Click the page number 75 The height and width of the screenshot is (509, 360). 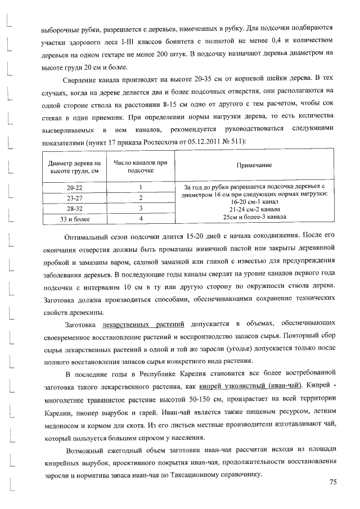pos(332,483)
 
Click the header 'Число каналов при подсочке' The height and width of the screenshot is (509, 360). pos(141,166)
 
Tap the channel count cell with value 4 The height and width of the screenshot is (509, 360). pos(141,219)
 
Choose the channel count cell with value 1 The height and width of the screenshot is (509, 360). pos(141,187)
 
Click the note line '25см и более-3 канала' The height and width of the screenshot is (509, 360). pos(255,217)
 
